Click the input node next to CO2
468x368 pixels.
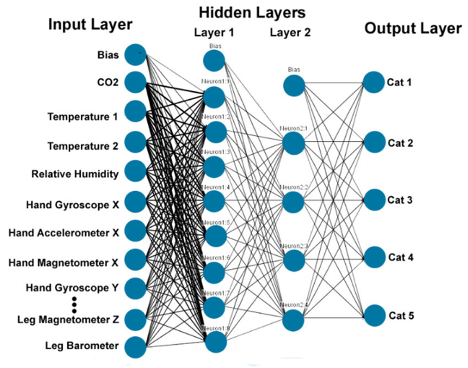135,82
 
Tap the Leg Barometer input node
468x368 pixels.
135,346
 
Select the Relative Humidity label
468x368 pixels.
75,174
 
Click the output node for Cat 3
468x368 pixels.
374,199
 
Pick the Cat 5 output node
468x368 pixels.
374,315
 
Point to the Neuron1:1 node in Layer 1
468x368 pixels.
214,97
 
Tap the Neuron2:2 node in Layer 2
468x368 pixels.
294,202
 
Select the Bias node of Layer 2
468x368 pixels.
294,85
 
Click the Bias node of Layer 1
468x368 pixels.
213,60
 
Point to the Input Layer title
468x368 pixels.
89,26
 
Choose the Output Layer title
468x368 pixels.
413,28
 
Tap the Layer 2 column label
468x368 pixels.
290,33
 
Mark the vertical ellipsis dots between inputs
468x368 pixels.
75,304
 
